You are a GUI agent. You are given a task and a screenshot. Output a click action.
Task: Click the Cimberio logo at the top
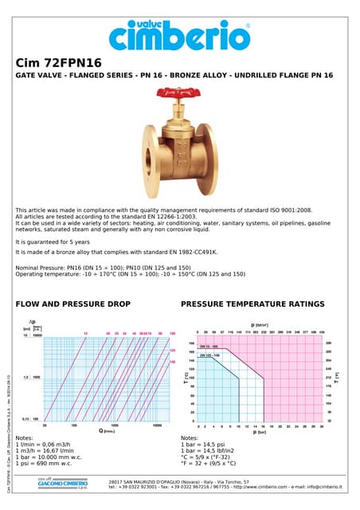(x=180, y=33)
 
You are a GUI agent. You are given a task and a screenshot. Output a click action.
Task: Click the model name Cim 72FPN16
(x=52, y=63)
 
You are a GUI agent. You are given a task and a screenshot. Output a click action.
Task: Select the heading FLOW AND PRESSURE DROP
(x=72, y=304)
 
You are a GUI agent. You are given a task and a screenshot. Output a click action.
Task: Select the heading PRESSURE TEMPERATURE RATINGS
(x=252, y=304)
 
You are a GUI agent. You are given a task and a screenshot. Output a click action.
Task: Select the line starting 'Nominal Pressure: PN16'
(x=104, y=268)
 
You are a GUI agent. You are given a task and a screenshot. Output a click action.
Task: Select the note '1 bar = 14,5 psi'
(x=205, y=444)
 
